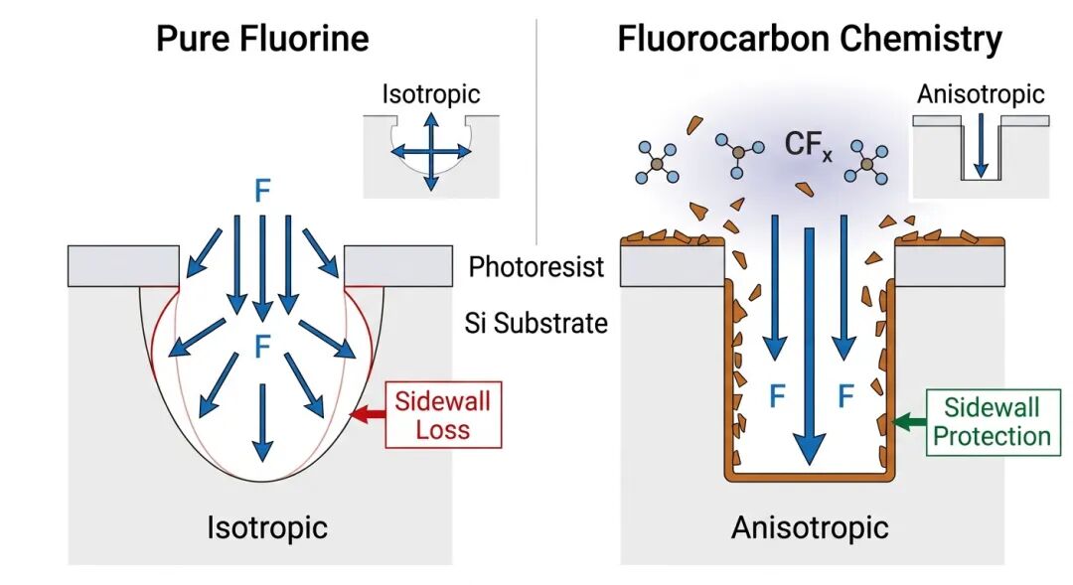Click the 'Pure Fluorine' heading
click(262, 39)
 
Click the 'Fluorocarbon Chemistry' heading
click(810, 39)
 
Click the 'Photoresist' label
click(536, 267)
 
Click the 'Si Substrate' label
click(536, 323)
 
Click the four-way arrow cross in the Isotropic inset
click(430, 151)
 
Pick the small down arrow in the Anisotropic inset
click(981, 148)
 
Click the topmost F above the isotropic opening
click(262, 191)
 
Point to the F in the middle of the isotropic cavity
click(262, 348)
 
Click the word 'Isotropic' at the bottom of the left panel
click(266, 527)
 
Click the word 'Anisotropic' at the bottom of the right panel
click(810, 527)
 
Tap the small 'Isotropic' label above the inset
click(430, 94)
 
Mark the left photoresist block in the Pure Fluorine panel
click(124, 264)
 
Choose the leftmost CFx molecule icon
click(658, 160)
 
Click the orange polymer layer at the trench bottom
click(811, 476)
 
